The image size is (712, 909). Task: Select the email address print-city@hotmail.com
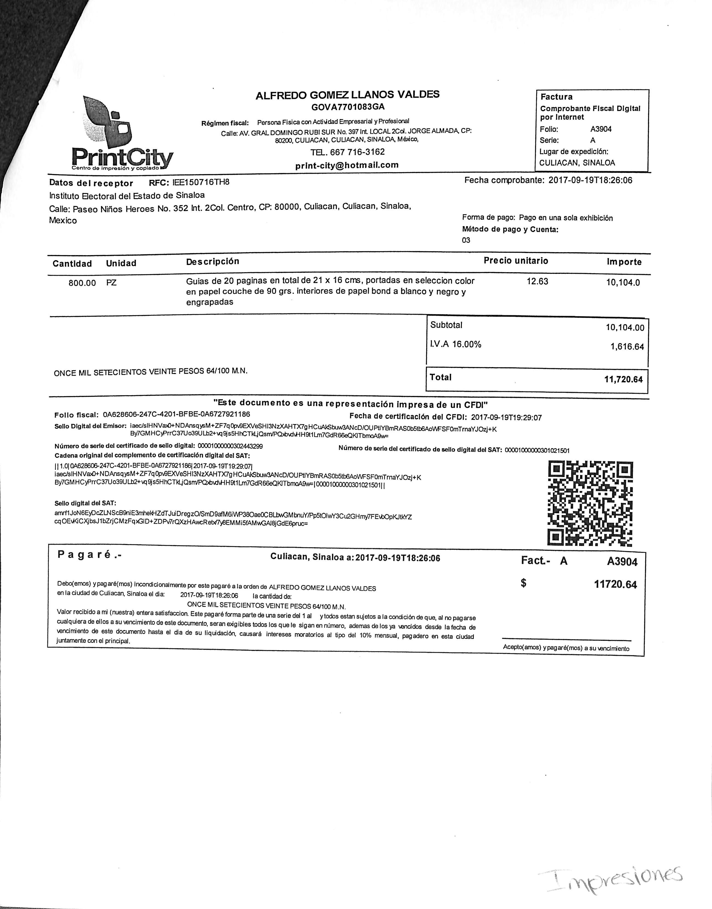[347, 165]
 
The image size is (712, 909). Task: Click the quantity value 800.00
[82, 283]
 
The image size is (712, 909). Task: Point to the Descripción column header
[213, 261]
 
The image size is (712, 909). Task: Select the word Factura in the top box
[556, 97]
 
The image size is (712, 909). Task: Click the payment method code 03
[466, 240]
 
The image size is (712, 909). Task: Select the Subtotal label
[446, 325]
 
